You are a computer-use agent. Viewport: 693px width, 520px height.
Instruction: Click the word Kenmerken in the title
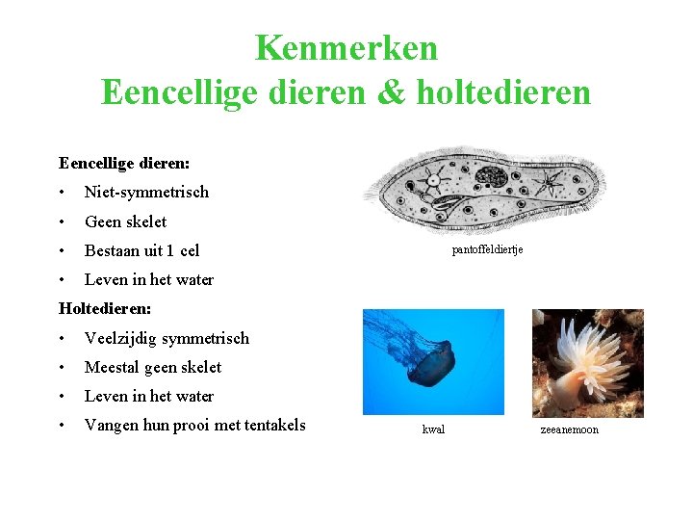point(346,47)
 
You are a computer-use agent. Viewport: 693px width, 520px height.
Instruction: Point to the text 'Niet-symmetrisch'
point(146,192)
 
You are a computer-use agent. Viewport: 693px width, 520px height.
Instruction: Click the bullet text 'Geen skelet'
point(125,221)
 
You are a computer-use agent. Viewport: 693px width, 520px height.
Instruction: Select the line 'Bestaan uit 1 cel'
point(141,250)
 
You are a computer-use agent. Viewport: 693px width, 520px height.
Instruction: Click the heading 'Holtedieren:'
point(105,308)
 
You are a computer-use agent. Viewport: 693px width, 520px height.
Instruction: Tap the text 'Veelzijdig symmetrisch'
point(167,338)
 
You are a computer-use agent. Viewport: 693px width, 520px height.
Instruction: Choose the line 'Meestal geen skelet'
point(153,367)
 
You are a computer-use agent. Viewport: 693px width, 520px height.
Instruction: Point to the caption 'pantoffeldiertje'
point(487,249)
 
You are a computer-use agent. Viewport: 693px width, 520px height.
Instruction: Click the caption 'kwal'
point(433,429)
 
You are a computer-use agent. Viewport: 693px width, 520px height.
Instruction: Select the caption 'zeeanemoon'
point(569,429)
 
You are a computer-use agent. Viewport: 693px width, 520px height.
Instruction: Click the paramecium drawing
point(491,192)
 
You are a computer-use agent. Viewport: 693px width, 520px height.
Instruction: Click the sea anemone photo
point(588,361)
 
